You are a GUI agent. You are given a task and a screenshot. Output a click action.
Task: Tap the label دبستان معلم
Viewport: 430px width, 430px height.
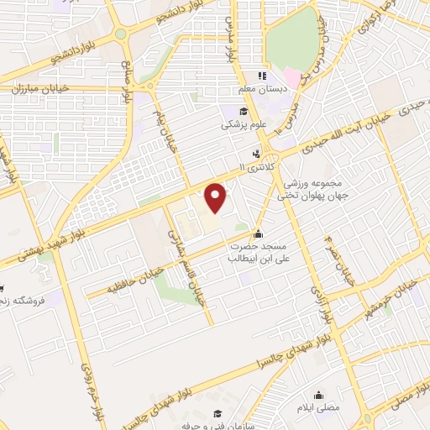point(272,87)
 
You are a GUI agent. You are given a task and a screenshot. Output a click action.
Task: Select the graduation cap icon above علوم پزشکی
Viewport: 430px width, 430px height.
point(243,112)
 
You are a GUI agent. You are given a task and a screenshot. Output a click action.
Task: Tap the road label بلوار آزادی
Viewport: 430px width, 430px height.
point(321,307)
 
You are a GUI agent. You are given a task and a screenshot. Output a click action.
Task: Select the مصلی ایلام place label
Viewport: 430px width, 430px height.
point(320,406)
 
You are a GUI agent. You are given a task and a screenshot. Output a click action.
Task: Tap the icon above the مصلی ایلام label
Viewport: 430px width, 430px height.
point(319,395)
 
